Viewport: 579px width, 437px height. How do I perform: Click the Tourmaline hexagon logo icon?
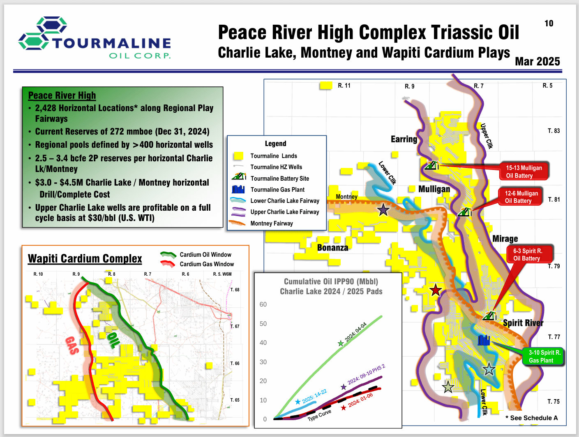42,33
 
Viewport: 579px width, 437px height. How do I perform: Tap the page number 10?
549,23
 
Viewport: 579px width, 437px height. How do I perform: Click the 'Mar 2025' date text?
537,61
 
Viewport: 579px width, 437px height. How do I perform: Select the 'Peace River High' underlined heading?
62,95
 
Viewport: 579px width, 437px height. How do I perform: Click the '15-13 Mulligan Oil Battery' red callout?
524,172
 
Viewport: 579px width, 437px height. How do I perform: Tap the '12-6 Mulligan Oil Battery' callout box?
521,197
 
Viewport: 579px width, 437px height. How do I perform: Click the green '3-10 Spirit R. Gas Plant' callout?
544,356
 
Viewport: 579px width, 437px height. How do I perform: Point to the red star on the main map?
436,291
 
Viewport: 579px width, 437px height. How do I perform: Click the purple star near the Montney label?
383,210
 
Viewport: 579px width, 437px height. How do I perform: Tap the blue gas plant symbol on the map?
484,340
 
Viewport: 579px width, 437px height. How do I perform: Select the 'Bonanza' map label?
332,248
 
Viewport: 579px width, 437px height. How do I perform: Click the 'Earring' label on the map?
404,139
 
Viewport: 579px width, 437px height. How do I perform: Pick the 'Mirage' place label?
505,239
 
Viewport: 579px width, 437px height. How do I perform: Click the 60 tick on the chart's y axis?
263,305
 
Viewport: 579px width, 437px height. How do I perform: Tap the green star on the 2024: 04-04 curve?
340,343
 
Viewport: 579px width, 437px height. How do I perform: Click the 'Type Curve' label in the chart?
319,415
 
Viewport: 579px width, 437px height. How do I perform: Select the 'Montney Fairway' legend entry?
271,223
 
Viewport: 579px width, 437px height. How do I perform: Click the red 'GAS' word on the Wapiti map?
72,345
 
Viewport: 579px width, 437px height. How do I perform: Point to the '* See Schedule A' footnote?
531,418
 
